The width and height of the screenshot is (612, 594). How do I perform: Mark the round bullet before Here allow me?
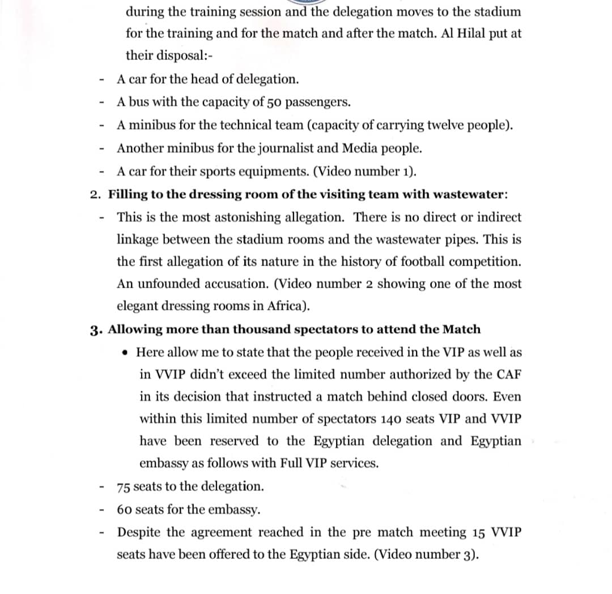pos(126,352)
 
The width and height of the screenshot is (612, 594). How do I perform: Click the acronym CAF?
pos(509,374)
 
